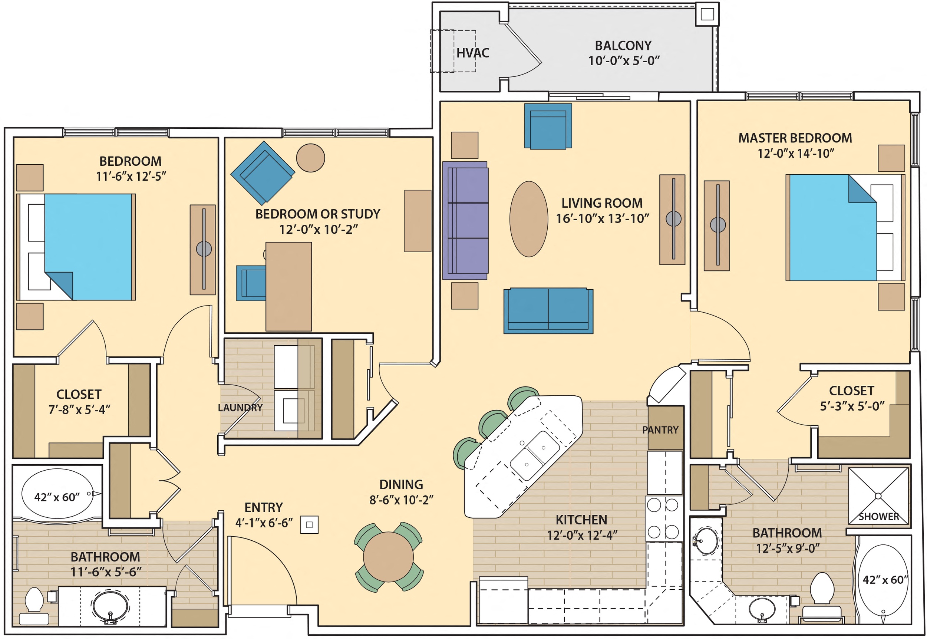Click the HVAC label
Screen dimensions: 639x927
[472, 53]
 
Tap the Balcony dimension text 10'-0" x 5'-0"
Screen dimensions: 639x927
[623, 61]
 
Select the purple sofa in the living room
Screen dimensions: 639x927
[465, 221]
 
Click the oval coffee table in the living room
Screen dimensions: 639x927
[528, 219]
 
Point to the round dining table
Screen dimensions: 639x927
[388, 557]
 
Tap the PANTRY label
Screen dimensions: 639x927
[660, 430]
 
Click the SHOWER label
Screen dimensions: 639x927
[878, 517]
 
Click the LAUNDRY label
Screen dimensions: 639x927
[240, 408]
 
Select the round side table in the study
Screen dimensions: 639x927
[310, 158]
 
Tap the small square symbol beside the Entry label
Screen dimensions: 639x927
[309, 524]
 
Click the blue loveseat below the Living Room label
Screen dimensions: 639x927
[548, 311]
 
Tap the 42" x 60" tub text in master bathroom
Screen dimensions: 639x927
[885, 580]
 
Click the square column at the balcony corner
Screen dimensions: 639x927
[707, 14]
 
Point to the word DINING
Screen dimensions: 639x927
[401, 485]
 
